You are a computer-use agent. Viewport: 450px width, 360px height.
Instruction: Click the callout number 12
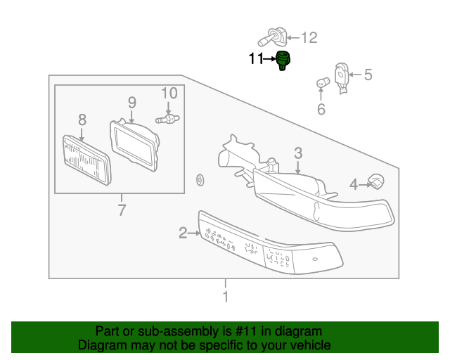click(309, 37)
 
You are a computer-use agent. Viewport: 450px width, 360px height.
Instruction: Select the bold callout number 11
click(255, 59)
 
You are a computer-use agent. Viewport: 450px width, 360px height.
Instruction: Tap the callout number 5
click(368, 74)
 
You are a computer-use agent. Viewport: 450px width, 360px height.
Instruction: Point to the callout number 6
click(321, 109)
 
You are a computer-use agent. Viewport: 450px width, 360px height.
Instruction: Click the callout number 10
click(169, 94)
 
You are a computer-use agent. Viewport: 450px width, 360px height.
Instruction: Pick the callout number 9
click(131, 103)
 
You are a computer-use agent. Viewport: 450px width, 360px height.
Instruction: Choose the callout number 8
click(82, 119)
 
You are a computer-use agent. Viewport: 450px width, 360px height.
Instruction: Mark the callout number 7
click(121, 209)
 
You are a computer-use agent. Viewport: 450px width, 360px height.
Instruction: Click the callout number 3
click(298, 153)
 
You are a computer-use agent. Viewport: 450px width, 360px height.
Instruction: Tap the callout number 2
click(183, 232)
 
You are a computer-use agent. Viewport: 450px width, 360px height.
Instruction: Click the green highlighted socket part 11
click(283, 61)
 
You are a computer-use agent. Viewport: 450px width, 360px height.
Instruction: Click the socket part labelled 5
click(342, 75)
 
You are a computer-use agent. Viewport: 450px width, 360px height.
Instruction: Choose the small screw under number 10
click(169, 120)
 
